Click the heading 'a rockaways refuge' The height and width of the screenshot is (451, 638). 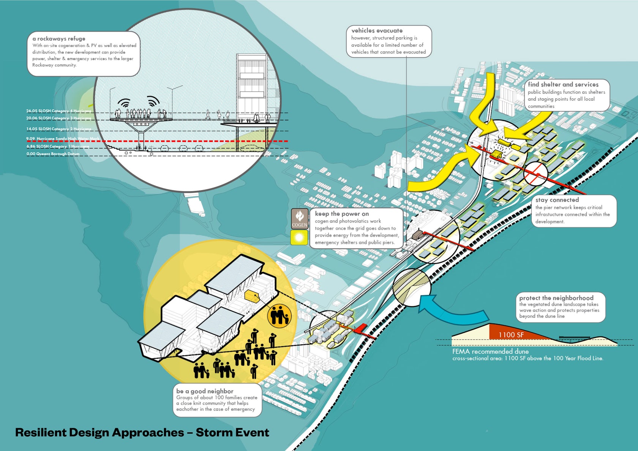tap(59, 39)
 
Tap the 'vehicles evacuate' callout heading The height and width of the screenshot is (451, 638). tap(377, 31)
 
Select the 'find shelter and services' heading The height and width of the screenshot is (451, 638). tap(563, 85)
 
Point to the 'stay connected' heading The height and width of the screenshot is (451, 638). tap(557, 200)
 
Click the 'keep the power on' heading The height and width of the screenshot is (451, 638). tap(342, 214)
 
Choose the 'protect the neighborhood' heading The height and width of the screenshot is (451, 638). tap(556, 298)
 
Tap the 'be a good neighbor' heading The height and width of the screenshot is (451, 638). tap(205, 391)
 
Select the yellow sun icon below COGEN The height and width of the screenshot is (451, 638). tap(299, 238)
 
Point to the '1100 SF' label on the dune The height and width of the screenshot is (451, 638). tap(511, 335)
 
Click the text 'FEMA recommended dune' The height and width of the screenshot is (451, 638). tap(490, 352)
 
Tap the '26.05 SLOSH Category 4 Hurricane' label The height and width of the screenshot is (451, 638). tap(58, 111)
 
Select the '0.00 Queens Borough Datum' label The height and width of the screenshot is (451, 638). tap(53, 154)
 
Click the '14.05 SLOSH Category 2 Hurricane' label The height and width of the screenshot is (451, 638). tap(58, 129)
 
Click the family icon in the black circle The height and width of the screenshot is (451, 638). tap(280, 315)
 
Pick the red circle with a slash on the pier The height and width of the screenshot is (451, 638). tap(535, 173)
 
